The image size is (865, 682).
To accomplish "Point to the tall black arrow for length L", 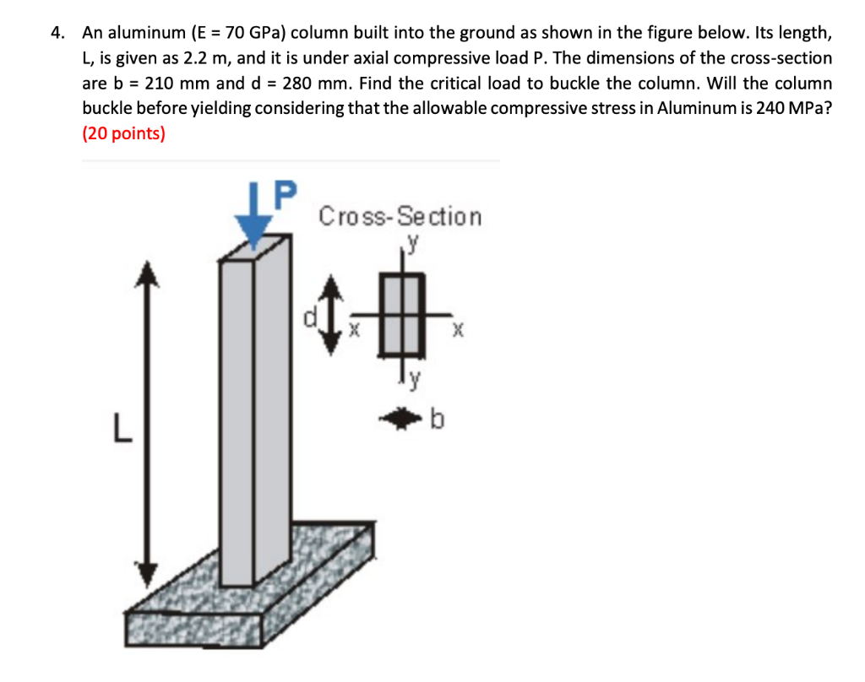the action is (x=149, y=422).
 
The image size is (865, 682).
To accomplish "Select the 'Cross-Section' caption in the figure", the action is (x=400, y=217).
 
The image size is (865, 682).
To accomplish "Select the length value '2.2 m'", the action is (x=205, y=58).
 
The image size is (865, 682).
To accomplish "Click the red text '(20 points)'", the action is (x=123, y=134).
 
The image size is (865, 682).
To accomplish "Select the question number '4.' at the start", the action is (x=57, y=33).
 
